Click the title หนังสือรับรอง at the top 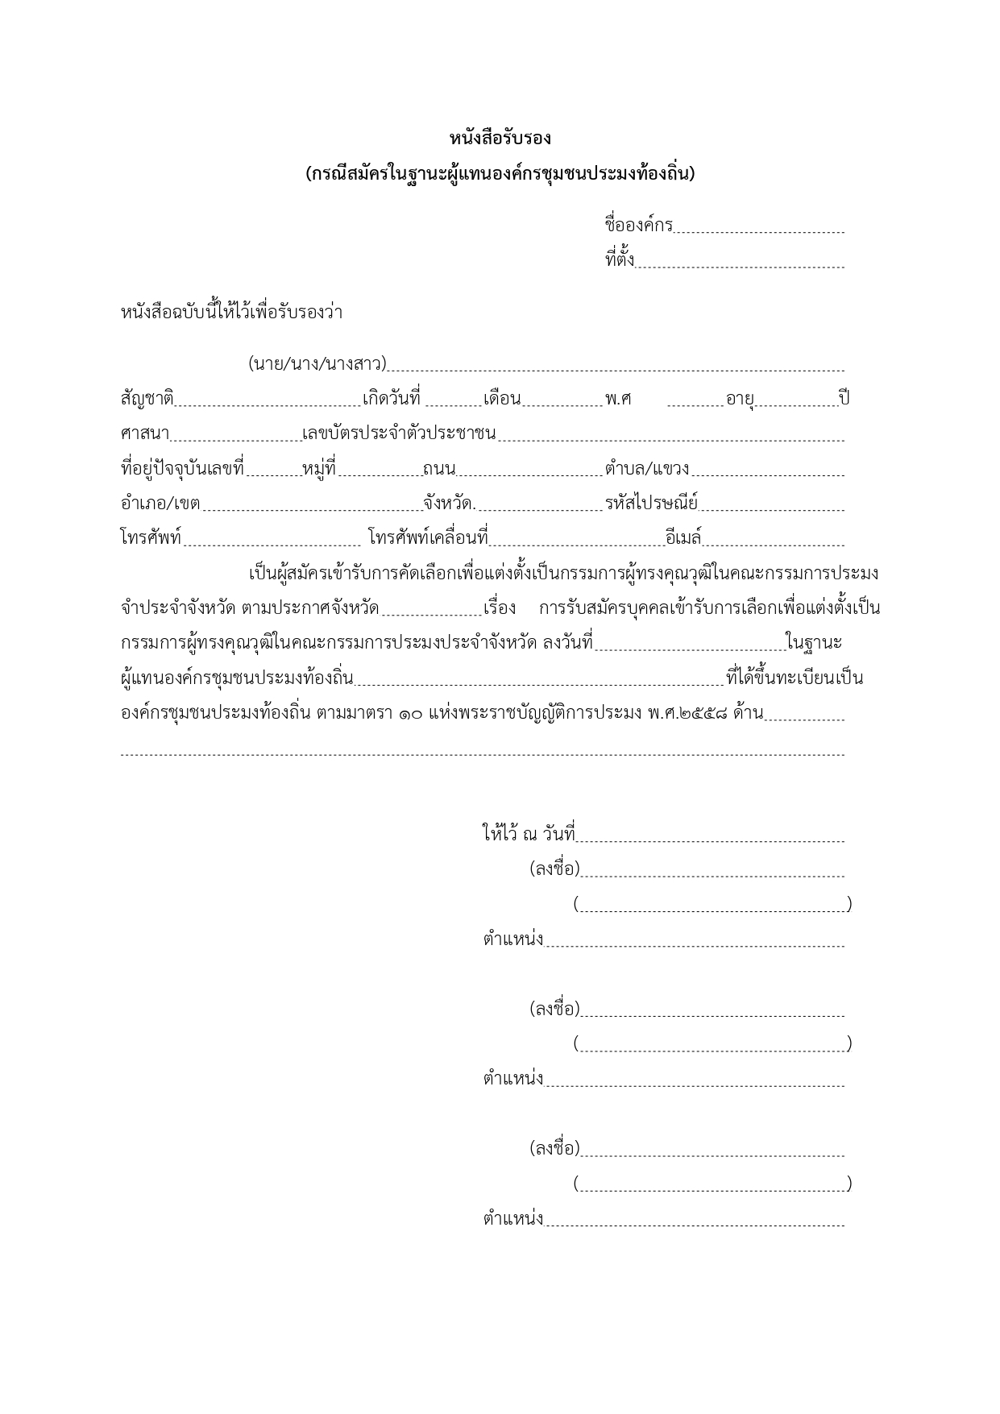click(x=500, y=138)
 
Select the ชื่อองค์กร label click(x=639, y=226)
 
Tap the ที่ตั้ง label click(x=620, y=260)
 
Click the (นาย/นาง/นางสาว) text click(x=317, y=363)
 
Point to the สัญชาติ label click(x=147, y=399)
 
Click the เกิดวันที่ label click(x=392, y=399)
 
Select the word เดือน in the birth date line click(x=502, y=399)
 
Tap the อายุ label click(x=739, y=399)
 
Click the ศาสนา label click(x=145, y=433)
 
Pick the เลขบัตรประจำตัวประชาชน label click(x=399, y=433)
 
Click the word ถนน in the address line click(x=439, y=469)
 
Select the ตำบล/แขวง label click(x=647, y=469)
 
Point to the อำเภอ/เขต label click(x=160, y=504)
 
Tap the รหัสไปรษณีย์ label click(x=651, y=504)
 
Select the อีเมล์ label click(x=683, y=537)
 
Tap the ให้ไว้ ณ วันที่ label click(x=529, y=834)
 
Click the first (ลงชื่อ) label click(x=554, y=869)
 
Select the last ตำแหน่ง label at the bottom click(x=513, y=1218)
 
